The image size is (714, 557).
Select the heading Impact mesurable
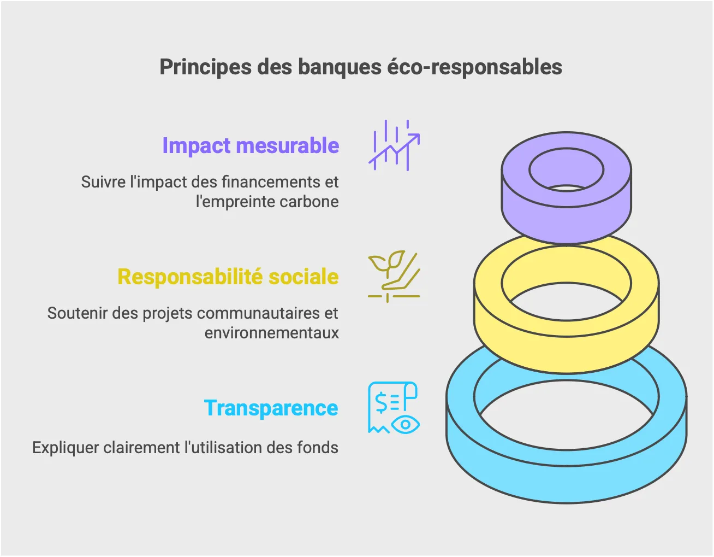pos(251,146)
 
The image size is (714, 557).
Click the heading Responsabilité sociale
pos(228,277)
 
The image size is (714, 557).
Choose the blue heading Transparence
pos(271,408)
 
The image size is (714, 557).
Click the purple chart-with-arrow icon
pos(394,145)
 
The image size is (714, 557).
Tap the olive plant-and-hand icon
pos(394,277)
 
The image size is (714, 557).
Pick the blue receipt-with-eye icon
pos(394,408)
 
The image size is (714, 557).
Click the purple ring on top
pos(567,213)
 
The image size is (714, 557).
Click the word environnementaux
pos(271,333)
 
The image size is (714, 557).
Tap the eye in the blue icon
pos(406,425)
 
